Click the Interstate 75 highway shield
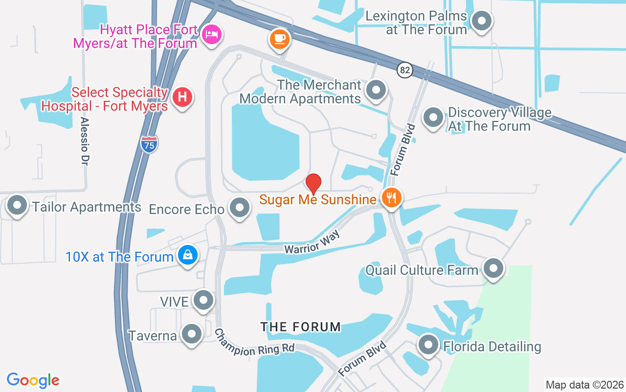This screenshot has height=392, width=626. pyautogui.click(x=149, y=144)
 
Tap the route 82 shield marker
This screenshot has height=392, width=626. pyautogui.click(x=404, y=70)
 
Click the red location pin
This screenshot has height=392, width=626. pyautogui.click(x=313, y=183)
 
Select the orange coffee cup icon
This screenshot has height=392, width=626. pyautogui.click(x=280, y=38)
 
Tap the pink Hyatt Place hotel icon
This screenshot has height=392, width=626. pyautogui.click(x=211, y=34)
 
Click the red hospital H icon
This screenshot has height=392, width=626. pyautogui.click(x=182, y=97)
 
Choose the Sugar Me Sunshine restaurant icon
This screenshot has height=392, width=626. pyautogui.click(x=391, y=198)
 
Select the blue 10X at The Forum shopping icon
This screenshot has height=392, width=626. pyautogui.click(x=188, y=255)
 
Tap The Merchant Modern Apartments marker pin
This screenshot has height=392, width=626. pyautogui.click(x=376, y=90)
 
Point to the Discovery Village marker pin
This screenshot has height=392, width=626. pyautogui.click(x=433, y=118)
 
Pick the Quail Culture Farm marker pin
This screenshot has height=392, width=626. pyautogui.click(x=493, y=268)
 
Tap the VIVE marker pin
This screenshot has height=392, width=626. pyautogui.click(x=203, y=300)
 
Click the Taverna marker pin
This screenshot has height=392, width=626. pyautogui.click(x=191, y=334)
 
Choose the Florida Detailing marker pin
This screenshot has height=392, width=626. pyautogui.click(x=428, y=344)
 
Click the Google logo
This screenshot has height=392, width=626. pyautogui.click(x=33, y=380)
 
